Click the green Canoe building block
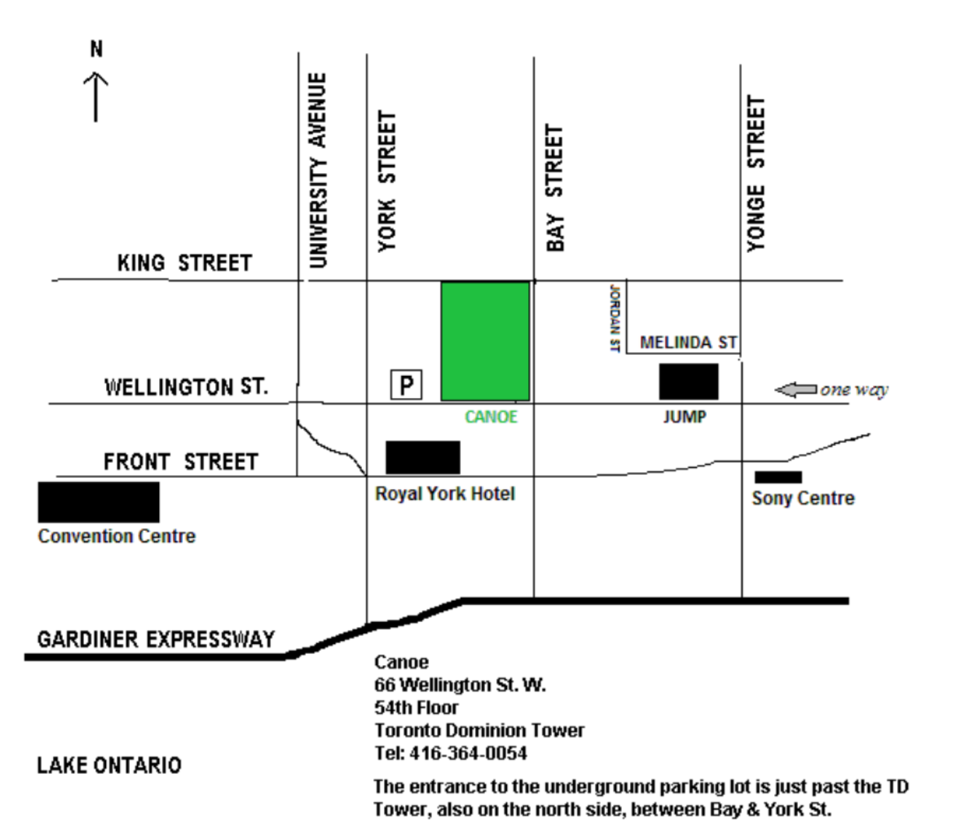485,341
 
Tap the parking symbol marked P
406,385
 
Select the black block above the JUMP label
689,382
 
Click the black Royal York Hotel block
423,457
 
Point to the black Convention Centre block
98,502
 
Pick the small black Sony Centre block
778,477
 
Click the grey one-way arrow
796,389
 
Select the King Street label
184,263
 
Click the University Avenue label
318,170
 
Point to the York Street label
387,181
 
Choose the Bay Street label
555,188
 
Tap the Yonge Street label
756,174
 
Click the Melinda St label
689,343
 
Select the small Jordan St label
615,318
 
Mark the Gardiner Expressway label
156,640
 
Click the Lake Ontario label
109,765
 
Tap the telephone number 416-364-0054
468,753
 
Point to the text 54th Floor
416,707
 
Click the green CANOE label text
491,417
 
